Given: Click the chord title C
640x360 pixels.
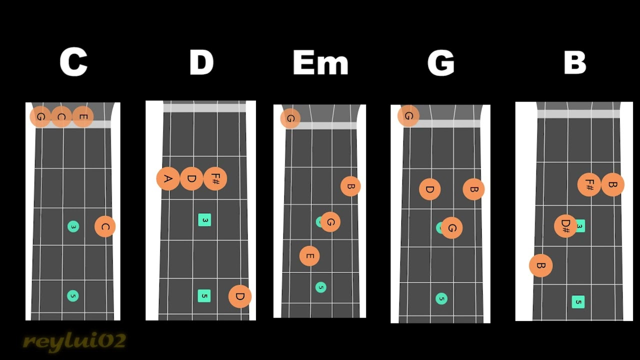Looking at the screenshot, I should [73, 62].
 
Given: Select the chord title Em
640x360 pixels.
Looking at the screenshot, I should [320, 63].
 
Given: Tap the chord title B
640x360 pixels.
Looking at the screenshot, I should [574, 63].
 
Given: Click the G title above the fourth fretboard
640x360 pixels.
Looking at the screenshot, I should [440, 63].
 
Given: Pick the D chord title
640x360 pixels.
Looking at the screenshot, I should [201, 63].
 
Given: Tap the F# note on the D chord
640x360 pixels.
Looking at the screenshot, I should [215, 178].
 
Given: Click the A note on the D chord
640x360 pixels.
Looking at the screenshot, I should [168, 178].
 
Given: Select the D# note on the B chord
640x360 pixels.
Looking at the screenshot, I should [565, 225].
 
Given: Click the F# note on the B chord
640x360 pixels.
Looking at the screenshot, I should [589, 184].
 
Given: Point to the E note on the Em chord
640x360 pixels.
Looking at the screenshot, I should [309, 256].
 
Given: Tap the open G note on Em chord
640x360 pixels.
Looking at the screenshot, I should [290, 118].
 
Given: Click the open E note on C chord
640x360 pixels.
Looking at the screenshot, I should [83, 117].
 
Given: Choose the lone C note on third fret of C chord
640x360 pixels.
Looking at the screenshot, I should [105, 226].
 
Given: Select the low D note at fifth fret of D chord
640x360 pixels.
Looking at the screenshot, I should [240, 296].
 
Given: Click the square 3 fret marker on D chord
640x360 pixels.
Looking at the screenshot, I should [204, 220].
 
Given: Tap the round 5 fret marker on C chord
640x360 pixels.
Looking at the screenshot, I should [73, 295].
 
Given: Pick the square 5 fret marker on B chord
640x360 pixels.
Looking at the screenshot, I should [578, 301].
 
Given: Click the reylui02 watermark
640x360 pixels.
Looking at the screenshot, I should [74, 341].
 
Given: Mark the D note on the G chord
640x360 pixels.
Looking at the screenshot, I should [429, 189].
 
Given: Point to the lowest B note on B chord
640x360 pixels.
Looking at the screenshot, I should [540, 265].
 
